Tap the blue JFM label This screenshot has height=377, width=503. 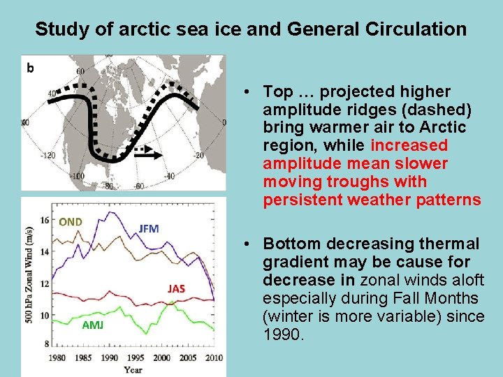pos(149,228)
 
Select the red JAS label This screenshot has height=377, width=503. pos(176,288)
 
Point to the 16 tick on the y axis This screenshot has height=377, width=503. pos(45,220)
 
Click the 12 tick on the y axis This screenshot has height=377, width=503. pos(45,283)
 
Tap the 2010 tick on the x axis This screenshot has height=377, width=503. pos(214,357)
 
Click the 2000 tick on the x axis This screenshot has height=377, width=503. pos(162,357)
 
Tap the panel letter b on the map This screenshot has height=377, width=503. pos(30,68)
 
